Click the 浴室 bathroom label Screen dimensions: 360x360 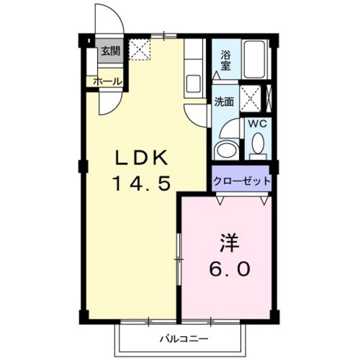coord(226,59)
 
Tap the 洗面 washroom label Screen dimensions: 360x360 coord(224,102)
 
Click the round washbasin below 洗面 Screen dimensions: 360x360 coord(225,150)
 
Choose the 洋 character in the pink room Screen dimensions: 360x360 coord(230,244)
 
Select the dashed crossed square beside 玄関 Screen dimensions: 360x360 coord(139,50)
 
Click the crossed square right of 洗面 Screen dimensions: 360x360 coord(252,97)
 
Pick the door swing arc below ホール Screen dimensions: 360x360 coord(109,102)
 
